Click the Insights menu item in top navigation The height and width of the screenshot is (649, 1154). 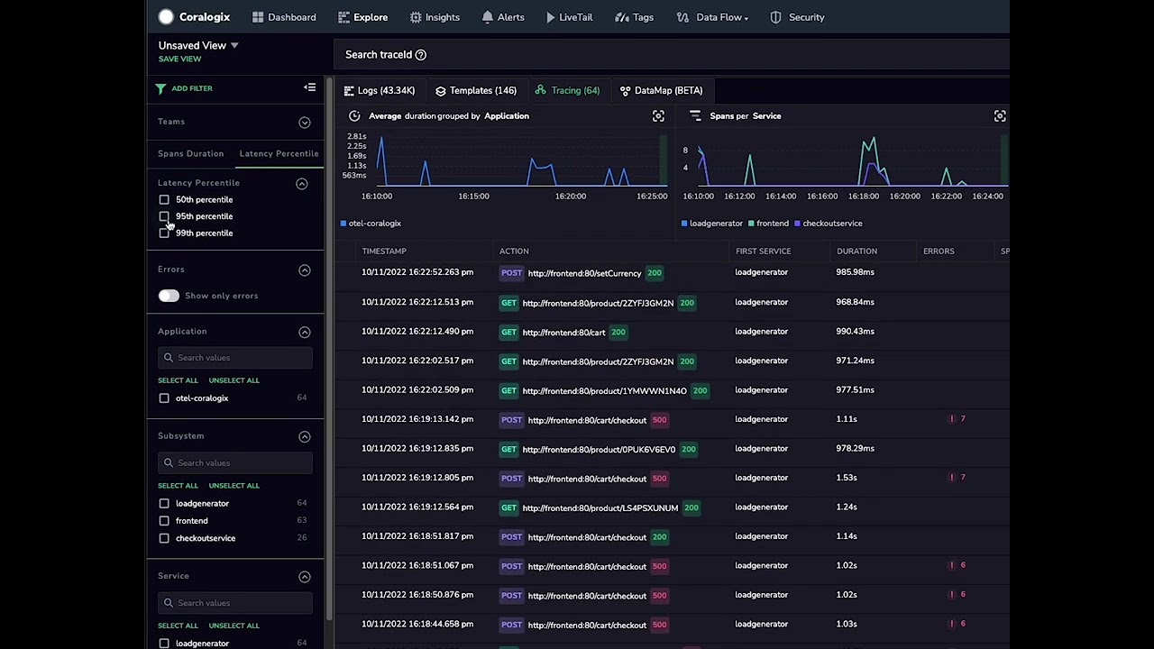coord(435,17)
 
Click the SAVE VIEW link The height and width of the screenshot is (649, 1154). coord(179,59)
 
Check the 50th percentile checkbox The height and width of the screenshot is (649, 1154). coord(164,199)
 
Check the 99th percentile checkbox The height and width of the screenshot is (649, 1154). coord(164,233)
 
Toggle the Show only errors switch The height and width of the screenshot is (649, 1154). coord(169,296)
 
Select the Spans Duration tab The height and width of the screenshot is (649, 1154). coord(190,153)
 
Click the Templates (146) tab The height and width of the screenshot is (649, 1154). coord(475,90)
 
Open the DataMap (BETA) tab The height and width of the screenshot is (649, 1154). coord(661,90)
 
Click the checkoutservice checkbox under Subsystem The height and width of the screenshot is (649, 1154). coord(164,538)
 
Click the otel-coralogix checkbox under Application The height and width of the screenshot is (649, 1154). coord(164,398)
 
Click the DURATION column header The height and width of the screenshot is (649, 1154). coord(856,251)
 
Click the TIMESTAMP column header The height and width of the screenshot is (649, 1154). coord(384,251)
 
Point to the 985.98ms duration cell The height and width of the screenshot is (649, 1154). coord(855,272)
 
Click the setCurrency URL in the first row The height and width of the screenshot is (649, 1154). coord(584,273)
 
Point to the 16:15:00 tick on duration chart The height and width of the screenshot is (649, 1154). coord(473,196)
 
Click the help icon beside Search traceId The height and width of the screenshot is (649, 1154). coord(420,55)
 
